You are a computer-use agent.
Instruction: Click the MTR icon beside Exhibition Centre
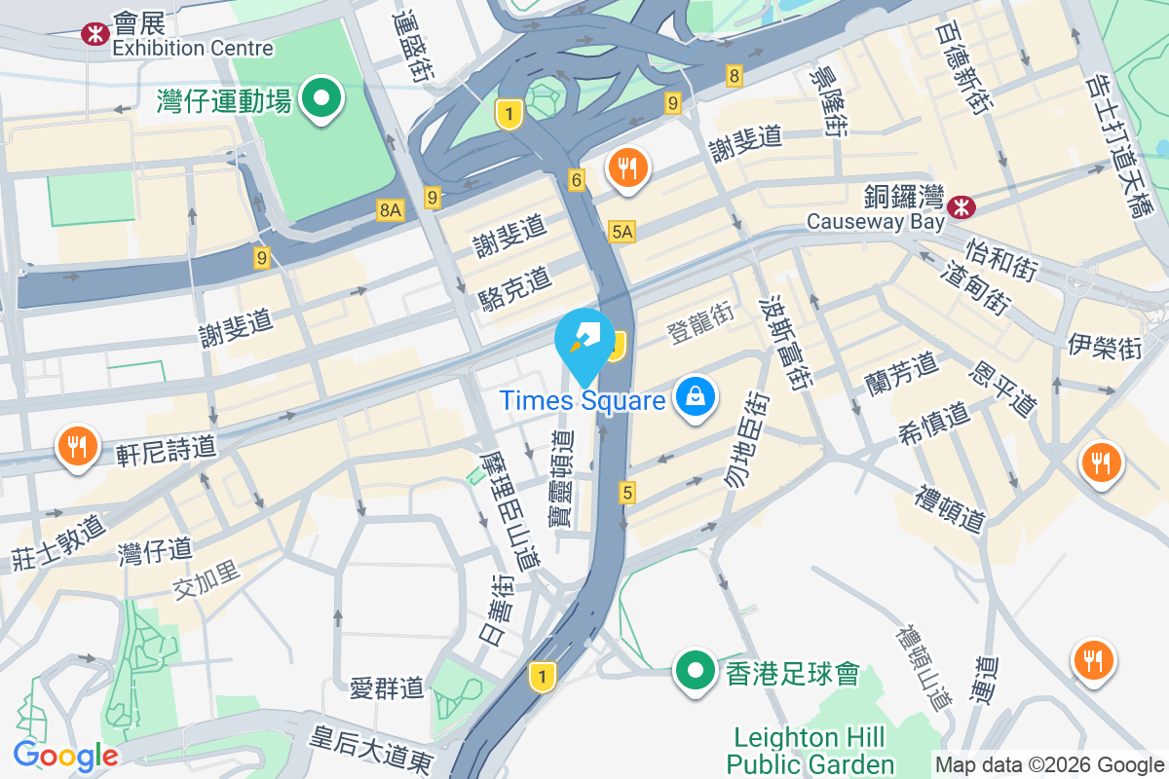(94, 34)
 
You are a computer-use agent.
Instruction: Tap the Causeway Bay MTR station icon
(962, 205)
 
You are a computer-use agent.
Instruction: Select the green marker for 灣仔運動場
(320, 97)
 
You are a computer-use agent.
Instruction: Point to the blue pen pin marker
(584, 340)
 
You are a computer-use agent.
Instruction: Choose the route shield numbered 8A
(391, 209)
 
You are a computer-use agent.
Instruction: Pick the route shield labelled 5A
(622, 231)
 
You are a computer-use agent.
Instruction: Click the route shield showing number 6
(577, 180)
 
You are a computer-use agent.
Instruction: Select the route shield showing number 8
(734, 75)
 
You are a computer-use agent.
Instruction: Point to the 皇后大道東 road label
(371, 750)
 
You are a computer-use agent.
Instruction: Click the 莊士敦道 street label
(58, 543)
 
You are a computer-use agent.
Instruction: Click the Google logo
(65, 755)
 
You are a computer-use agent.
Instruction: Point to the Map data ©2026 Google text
(1049, 764)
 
